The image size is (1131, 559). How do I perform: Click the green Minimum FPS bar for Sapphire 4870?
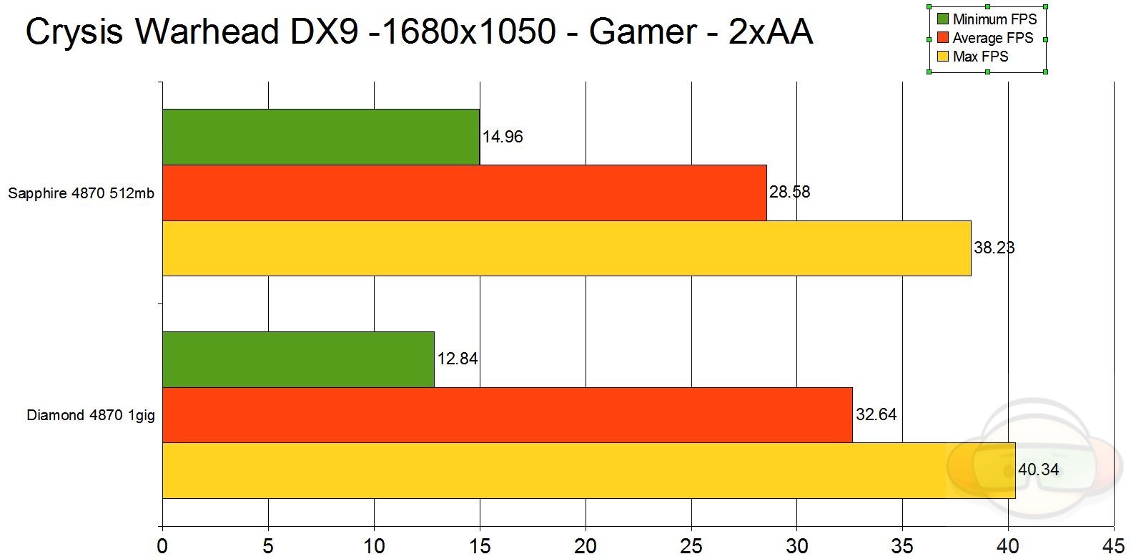320,137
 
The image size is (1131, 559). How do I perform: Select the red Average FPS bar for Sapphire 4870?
464,193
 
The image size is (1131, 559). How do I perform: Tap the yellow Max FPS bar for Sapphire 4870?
566,248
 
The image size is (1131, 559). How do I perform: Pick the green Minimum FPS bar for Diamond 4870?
298,359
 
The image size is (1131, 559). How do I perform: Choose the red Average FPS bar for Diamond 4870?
507,415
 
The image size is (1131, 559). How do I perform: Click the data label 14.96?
503,137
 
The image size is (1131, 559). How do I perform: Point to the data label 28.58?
789,192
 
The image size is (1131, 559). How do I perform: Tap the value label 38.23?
994,248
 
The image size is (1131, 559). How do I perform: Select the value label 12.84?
458,359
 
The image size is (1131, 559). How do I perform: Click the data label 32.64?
876,414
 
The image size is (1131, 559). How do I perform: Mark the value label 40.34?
1038,470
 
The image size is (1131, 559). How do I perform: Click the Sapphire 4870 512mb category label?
82,193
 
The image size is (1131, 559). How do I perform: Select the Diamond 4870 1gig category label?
91,415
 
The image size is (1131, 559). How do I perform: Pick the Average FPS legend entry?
992,38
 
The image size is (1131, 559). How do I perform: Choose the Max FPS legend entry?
980,57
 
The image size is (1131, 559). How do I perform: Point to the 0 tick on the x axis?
163,547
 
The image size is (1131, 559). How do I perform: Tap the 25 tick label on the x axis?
691,547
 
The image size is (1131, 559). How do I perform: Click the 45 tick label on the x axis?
1113,547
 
